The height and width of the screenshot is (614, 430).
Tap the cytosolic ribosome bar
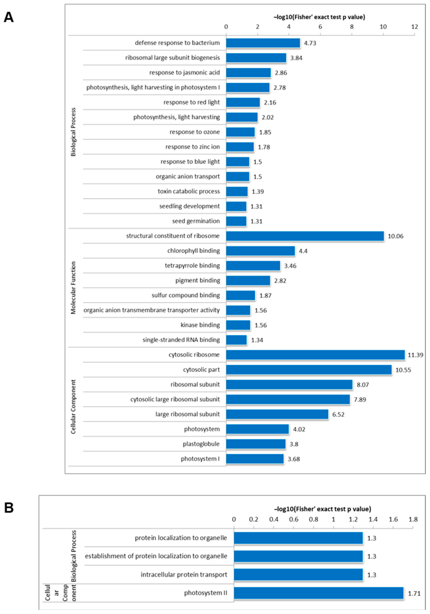pyautogui.click(x=315, y=355)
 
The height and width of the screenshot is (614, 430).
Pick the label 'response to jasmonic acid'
pyautogui.click(x=184, y=72)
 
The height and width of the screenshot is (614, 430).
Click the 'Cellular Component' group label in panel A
pyautogui.click(x=73, y=406)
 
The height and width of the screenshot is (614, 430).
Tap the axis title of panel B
pyautogui.click(x=322, y=509)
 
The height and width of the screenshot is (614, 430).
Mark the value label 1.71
pyautogui.click(x=414, y=593)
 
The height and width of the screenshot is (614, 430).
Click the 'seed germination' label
pyautogui.click(x=196, y=221)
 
